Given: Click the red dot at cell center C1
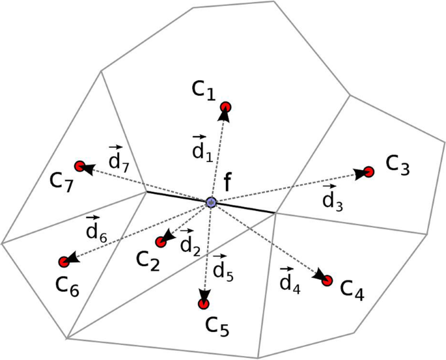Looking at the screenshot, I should (226, 107).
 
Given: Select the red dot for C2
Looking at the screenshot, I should (161, 242).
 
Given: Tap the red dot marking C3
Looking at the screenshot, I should (369, 172).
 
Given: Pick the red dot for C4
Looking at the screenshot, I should (328, 281).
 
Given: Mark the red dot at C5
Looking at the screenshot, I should (204, 303).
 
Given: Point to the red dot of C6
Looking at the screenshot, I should (64, 262).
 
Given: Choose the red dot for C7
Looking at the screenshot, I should (80, 167).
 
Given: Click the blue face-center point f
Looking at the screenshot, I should (211, 202).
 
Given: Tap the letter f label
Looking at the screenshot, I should (227, 183).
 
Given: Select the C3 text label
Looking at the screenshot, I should (397, 165).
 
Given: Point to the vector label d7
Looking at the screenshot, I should (118, 157).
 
